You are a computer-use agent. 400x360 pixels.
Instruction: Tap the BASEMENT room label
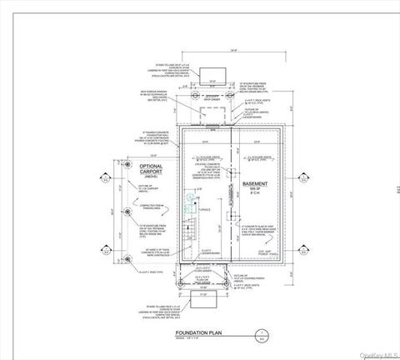[x=255, y=183]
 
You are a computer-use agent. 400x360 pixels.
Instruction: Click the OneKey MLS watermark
[x=376, y=353]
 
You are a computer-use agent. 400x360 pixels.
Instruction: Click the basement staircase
[x=189, y=229]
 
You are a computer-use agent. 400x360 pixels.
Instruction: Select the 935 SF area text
[x=255, y=190]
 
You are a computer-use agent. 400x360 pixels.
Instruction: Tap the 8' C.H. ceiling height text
[x=255, y=196]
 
